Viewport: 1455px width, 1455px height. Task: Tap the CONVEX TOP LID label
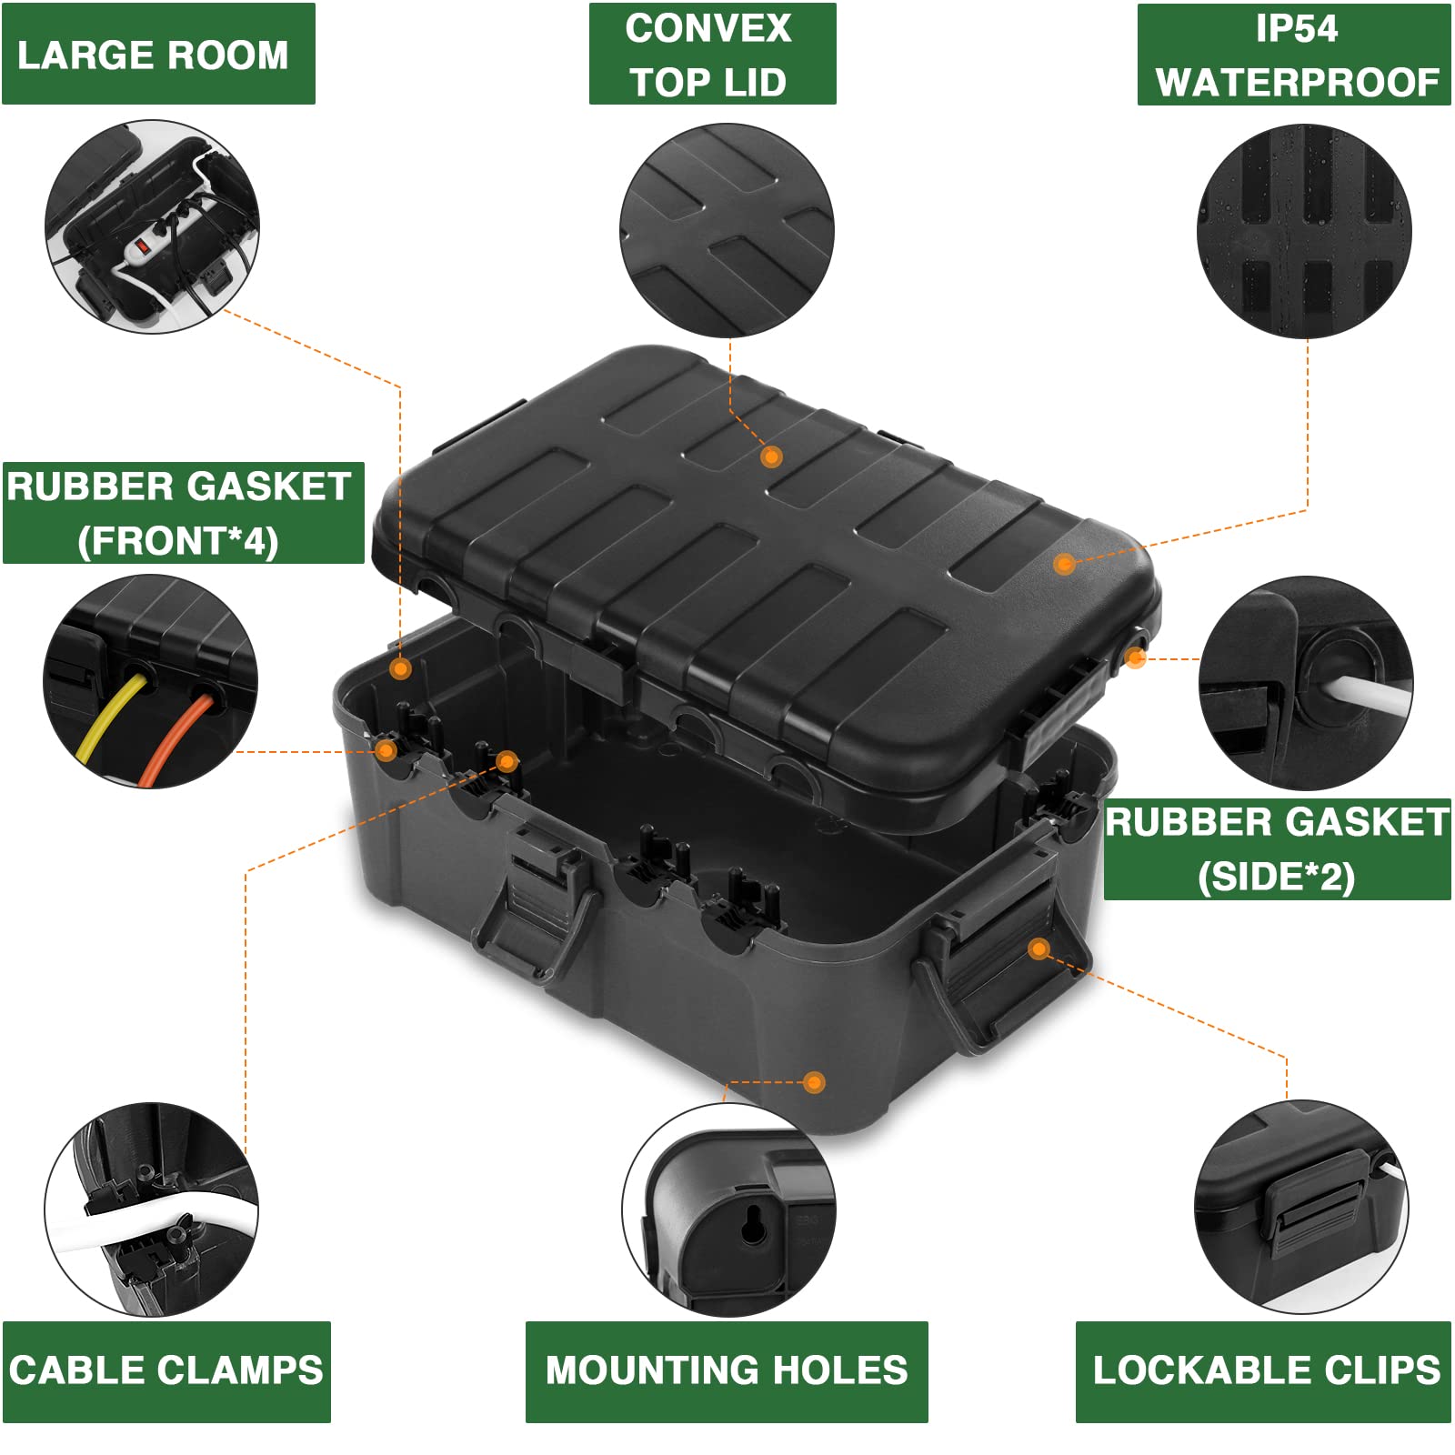point(711,55)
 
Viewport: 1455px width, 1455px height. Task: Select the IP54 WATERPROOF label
point(1294,55)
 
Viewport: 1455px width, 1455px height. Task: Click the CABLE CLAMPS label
point(166,1370)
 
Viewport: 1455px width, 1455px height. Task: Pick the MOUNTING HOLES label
point(726,1370)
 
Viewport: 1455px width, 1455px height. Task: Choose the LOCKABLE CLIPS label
point(1264,1370)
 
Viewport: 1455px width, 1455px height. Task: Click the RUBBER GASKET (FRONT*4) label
point(181,513)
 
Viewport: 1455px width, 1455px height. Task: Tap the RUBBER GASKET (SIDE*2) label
point(1277,849)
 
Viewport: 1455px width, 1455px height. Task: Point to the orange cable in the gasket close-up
point(177,737)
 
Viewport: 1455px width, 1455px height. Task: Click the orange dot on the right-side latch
point(1039,949)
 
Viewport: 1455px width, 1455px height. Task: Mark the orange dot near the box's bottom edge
point(815,1082)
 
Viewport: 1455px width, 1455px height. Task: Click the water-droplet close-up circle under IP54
point(1305,232)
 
